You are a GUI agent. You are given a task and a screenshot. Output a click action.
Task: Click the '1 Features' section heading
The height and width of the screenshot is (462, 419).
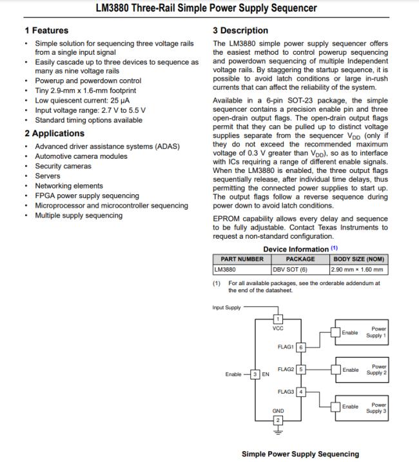click(46, 30)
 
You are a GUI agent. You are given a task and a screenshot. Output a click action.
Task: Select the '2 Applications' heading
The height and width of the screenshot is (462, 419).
click(54, 134)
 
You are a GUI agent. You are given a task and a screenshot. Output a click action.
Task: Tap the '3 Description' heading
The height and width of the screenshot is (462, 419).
click(240, 30)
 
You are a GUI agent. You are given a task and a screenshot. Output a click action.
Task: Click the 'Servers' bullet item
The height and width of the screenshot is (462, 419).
click(48, 176)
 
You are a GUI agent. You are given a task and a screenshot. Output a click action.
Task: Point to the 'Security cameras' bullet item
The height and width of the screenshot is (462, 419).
click(63, 166)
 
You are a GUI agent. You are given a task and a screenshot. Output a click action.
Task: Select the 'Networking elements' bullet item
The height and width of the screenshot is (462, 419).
click(69, 186)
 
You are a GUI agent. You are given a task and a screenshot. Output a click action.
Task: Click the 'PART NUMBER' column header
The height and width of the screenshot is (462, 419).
click(242, 259)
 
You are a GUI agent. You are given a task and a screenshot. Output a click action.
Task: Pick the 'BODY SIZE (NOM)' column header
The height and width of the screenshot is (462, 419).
click(358, 259)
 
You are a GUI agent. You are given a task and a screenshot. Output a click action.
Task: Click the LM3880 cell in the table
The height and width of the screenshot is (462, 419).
click(226, 270)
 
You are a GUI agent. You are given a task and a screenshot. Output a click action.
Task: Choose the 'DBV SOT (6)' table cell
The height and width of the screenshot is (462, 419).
click(290, 270)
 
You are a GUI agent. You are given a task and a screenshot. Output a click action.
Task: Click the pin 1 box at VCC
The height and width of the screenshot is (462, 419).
click(278, 319)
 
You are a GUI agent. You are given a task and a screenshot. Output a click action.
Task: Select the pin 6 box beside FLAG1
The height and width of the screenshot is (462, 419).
click(300, 347)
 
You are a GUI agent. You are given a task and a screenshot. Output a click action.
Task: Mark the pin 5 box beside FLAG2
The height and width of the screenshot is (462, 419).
click(300, 370)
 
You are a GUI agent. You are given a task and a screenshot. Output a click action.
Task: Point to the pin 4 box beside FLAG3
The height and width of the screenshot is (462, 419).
click(300, 392)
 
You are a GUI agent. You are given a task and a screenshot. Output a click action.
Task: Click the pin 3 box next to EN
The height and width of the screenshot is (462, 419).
click(255, 374)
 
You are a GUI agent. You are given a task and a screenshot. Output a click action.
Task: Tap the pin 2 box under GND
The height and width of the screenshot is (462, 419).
click(278, 421)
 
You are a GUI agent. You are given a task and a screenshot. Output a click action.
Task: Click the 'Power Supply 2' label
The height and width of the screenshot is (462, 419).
click(376, 370)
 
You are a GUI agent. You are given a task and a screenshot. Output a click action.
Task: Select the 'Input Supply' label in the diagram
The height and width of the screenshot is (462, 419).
click(226, 307)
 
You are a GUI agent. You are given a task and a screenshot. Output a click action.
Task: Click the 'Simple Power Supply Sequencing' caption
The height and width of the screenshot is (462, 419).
click(300, 454)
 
